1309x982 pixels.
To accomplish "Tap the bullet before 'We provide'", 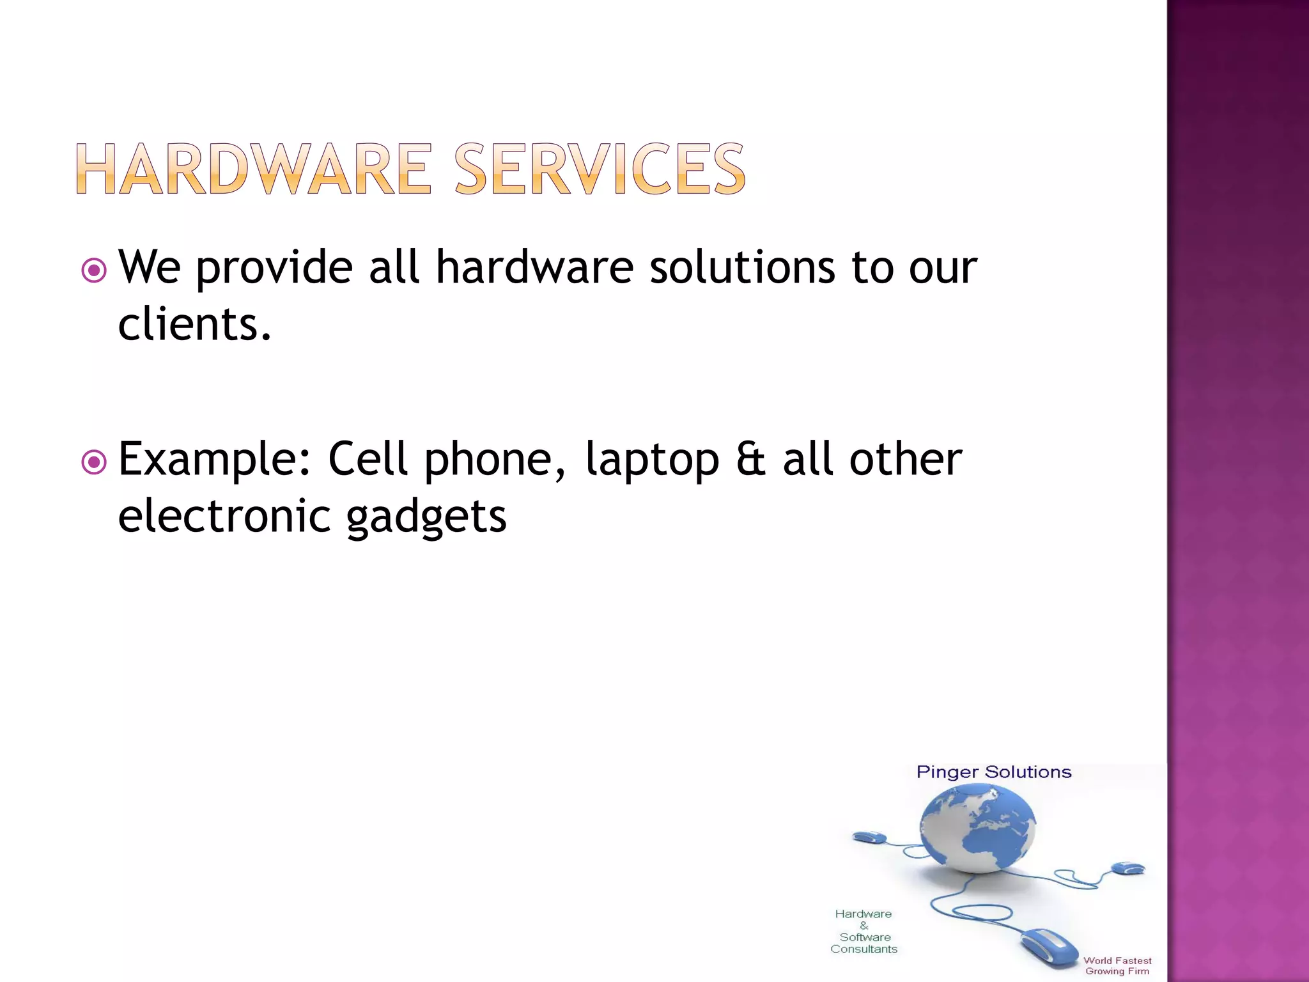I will tap(94, 270).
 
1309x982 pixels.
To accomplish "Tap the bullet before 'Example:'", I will tap(94, 462).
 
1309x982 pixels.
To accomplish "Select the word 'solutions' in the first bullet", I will tap(742, 267).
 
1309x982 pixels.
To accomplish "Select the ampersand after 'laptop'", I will tap(751, 459).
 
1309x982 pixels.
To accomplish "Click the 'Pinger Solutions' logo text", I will tap(993, 772).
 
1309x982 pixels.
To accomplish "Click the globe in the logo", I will tap(977, 829).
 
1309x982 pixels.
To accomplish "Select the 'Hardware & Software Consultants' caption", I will tap(864, 931).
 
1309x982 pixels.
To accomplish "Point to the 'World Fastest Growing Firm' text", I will tap(1117, 965).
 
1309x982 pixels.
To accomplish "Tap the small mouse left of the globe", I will tap(869, 837).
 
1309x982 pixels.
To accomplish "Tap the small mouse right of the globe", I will tap(1128, 868).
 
